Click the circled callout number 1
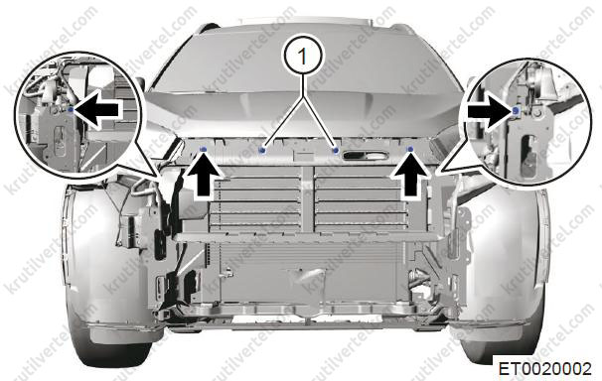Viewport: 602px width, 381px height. [303, 57]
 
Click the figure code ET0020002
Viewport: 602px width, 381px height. [544, 369]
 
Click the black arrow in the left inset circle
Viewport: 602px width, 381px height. [96, 110]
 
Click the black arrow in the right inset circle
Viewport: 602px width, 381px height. [490, 112]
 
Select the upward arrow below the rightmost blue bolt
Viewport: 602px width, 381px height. [410, 176]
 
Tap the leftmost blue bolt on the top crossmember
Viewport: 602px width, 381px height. [203, 149]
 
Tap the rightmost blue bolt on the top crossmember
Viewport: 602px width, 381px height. [410, 149]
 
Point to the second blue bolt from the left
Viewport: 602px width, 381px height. [262, 149]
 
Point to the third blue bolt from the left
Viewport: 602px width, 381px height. [336, 149]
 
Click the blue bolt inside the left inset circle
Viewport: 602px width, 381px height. [71, 110]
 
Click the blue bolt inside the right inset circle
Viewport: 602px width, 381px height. [516, 111]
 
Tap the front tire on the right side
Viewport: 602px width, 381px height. [503, 337]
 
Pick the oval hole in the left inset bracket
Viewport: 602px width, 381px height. [60, 141]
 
